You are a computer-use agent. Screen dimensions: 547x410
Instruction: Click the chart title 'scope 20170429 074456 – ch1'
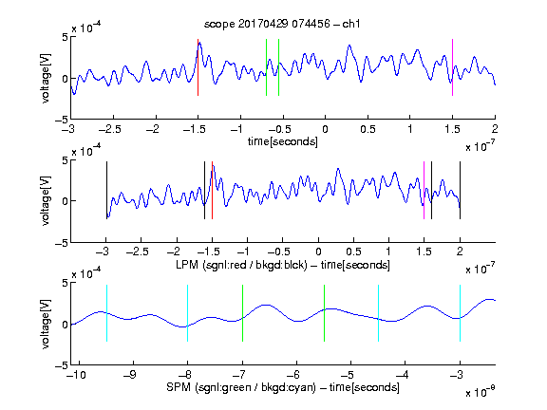coord(282,24)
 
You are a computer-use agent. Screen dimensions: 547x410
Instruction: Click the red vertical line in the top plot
coord(198,67)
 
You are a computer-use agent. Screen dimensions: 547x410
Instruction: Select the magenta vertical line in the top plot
coord(452,67)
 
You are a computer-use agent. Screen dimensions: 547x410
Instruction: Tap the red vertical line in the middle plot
coord(212,191)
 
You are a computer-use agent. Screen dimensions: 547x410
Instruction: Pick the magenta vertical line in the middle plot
coord(424,191)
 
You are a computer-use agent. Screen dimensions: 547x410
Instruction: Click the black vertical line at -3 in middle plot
coord(106,191)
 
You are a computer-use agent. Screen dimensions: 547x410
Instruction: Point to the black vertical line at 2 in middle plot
coord(460,191)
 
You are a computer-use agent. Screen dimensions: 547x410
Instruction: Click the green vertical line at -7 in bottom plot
coord(242,313)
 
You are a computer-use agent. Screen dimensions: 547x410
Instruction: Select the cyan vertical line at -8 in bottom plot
coord(188,313)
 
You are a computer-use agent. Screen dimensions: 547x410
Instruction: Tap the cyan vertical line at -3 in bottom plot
coord(460,313)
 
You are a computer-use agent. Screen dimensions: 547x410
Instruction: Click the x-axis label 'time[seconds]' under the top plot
coord(283,141)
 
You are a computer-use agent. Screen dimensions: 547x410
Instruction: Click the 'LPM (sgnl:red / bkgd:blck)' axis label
coord(242,265)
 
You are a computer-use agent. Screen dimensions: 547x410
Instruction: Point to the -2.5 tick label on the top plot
coord(110,129)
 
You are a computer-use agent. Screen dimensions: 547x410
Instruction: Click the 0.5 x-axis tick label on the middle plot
coord(353,252)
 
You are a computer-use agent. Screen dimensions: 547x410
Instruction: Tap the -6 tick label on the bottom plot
coord(296,375)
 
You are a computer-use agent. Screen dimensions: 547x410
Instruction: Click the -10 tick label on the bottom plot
coord(76,375)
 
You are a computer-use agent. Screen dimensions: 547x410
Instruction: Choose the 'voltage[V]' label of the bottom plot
coord(46,324)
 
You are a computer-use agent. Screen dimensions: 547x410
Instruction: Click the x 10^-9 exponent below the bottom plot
coord(480,391)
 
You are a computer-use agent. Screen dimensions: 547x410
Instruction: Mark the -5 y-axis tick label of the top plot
coord(62,120)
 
